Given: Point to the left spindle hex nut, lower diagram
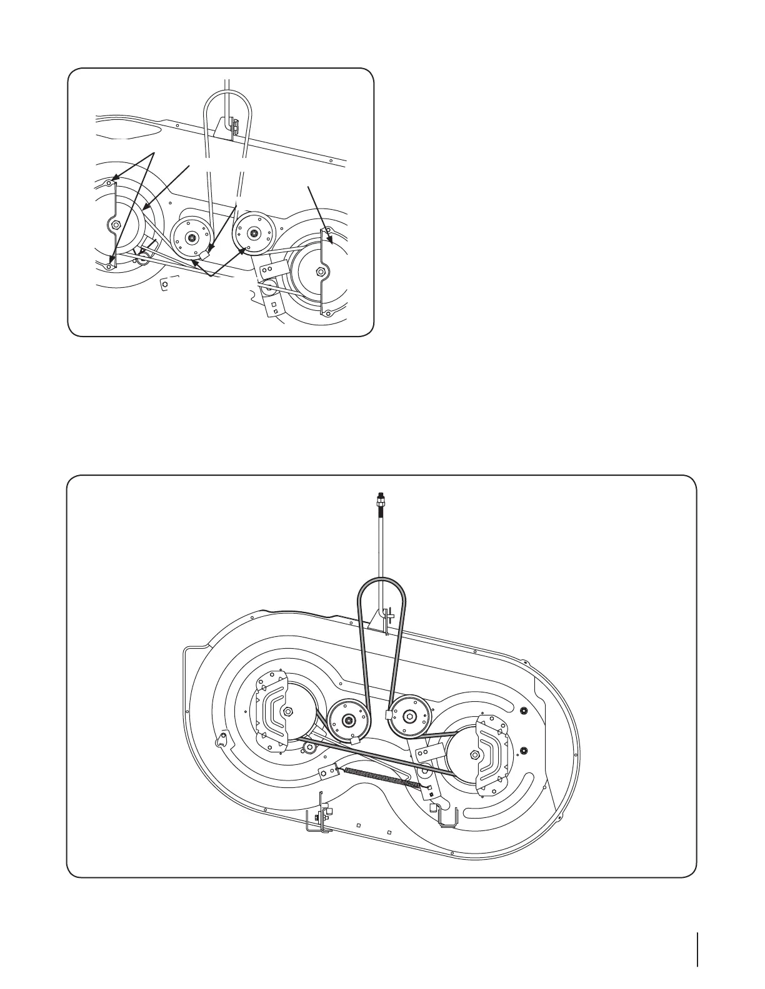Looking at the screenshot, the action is (288, 712).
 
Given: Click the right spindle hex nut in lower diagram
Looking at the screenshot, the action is (476, 754).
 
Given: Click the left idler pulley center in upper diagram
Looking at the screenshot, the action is (191, 238).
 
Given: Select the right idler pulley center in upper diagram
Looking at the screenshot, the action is (253, 234).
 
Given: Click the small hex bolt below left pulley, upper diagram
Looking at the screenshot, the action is (164, 285).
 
